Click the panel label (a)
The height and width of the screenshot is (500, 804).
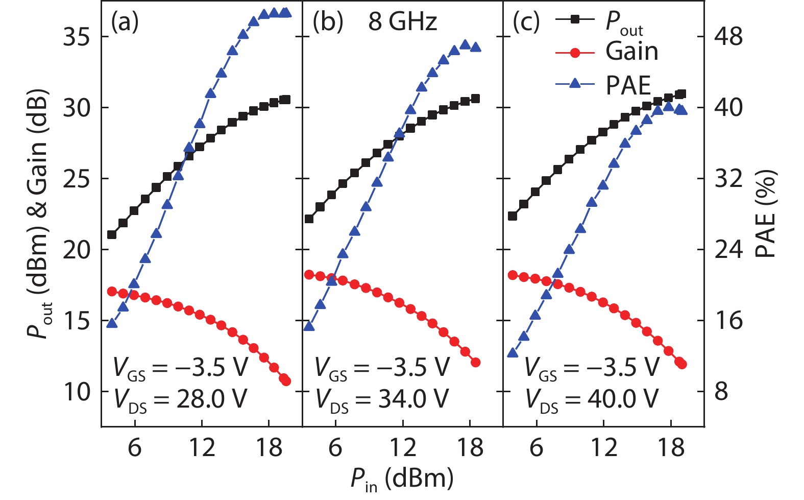tap(125, 22)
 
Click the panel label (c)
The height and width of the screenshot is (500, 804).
tap(526, 22)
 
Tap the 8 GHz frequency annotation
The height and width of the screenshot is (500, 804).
tap(403, 22)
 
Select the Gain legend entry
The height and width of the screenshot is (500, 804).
tap(631, 52)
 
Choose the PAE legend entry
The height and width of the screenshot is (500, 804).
tap(628, 85)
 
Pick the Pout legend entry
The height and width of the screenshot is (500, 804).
tap(624, 22)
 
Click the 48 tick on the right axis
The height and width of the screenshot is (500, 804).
tap(728, 37)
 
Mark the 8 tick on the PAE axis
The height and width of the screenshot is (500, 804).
tap(721, 392)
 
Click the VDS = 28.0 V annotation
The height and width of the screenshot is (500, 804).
tap(180, 399)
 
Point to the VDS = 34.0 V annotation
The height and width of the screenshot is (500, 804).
tap(382, 399)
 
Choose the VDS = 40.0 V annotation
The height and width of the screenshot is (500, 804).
tap(592, 399)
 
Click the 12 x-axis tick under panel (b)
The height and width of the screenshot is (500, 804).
tap(403, 447)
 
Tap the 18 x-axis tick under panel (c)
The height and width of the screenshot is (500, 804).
tap(671, 447)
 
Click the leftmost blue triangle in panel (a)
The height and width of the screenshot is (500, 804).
tap(112, 323)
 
